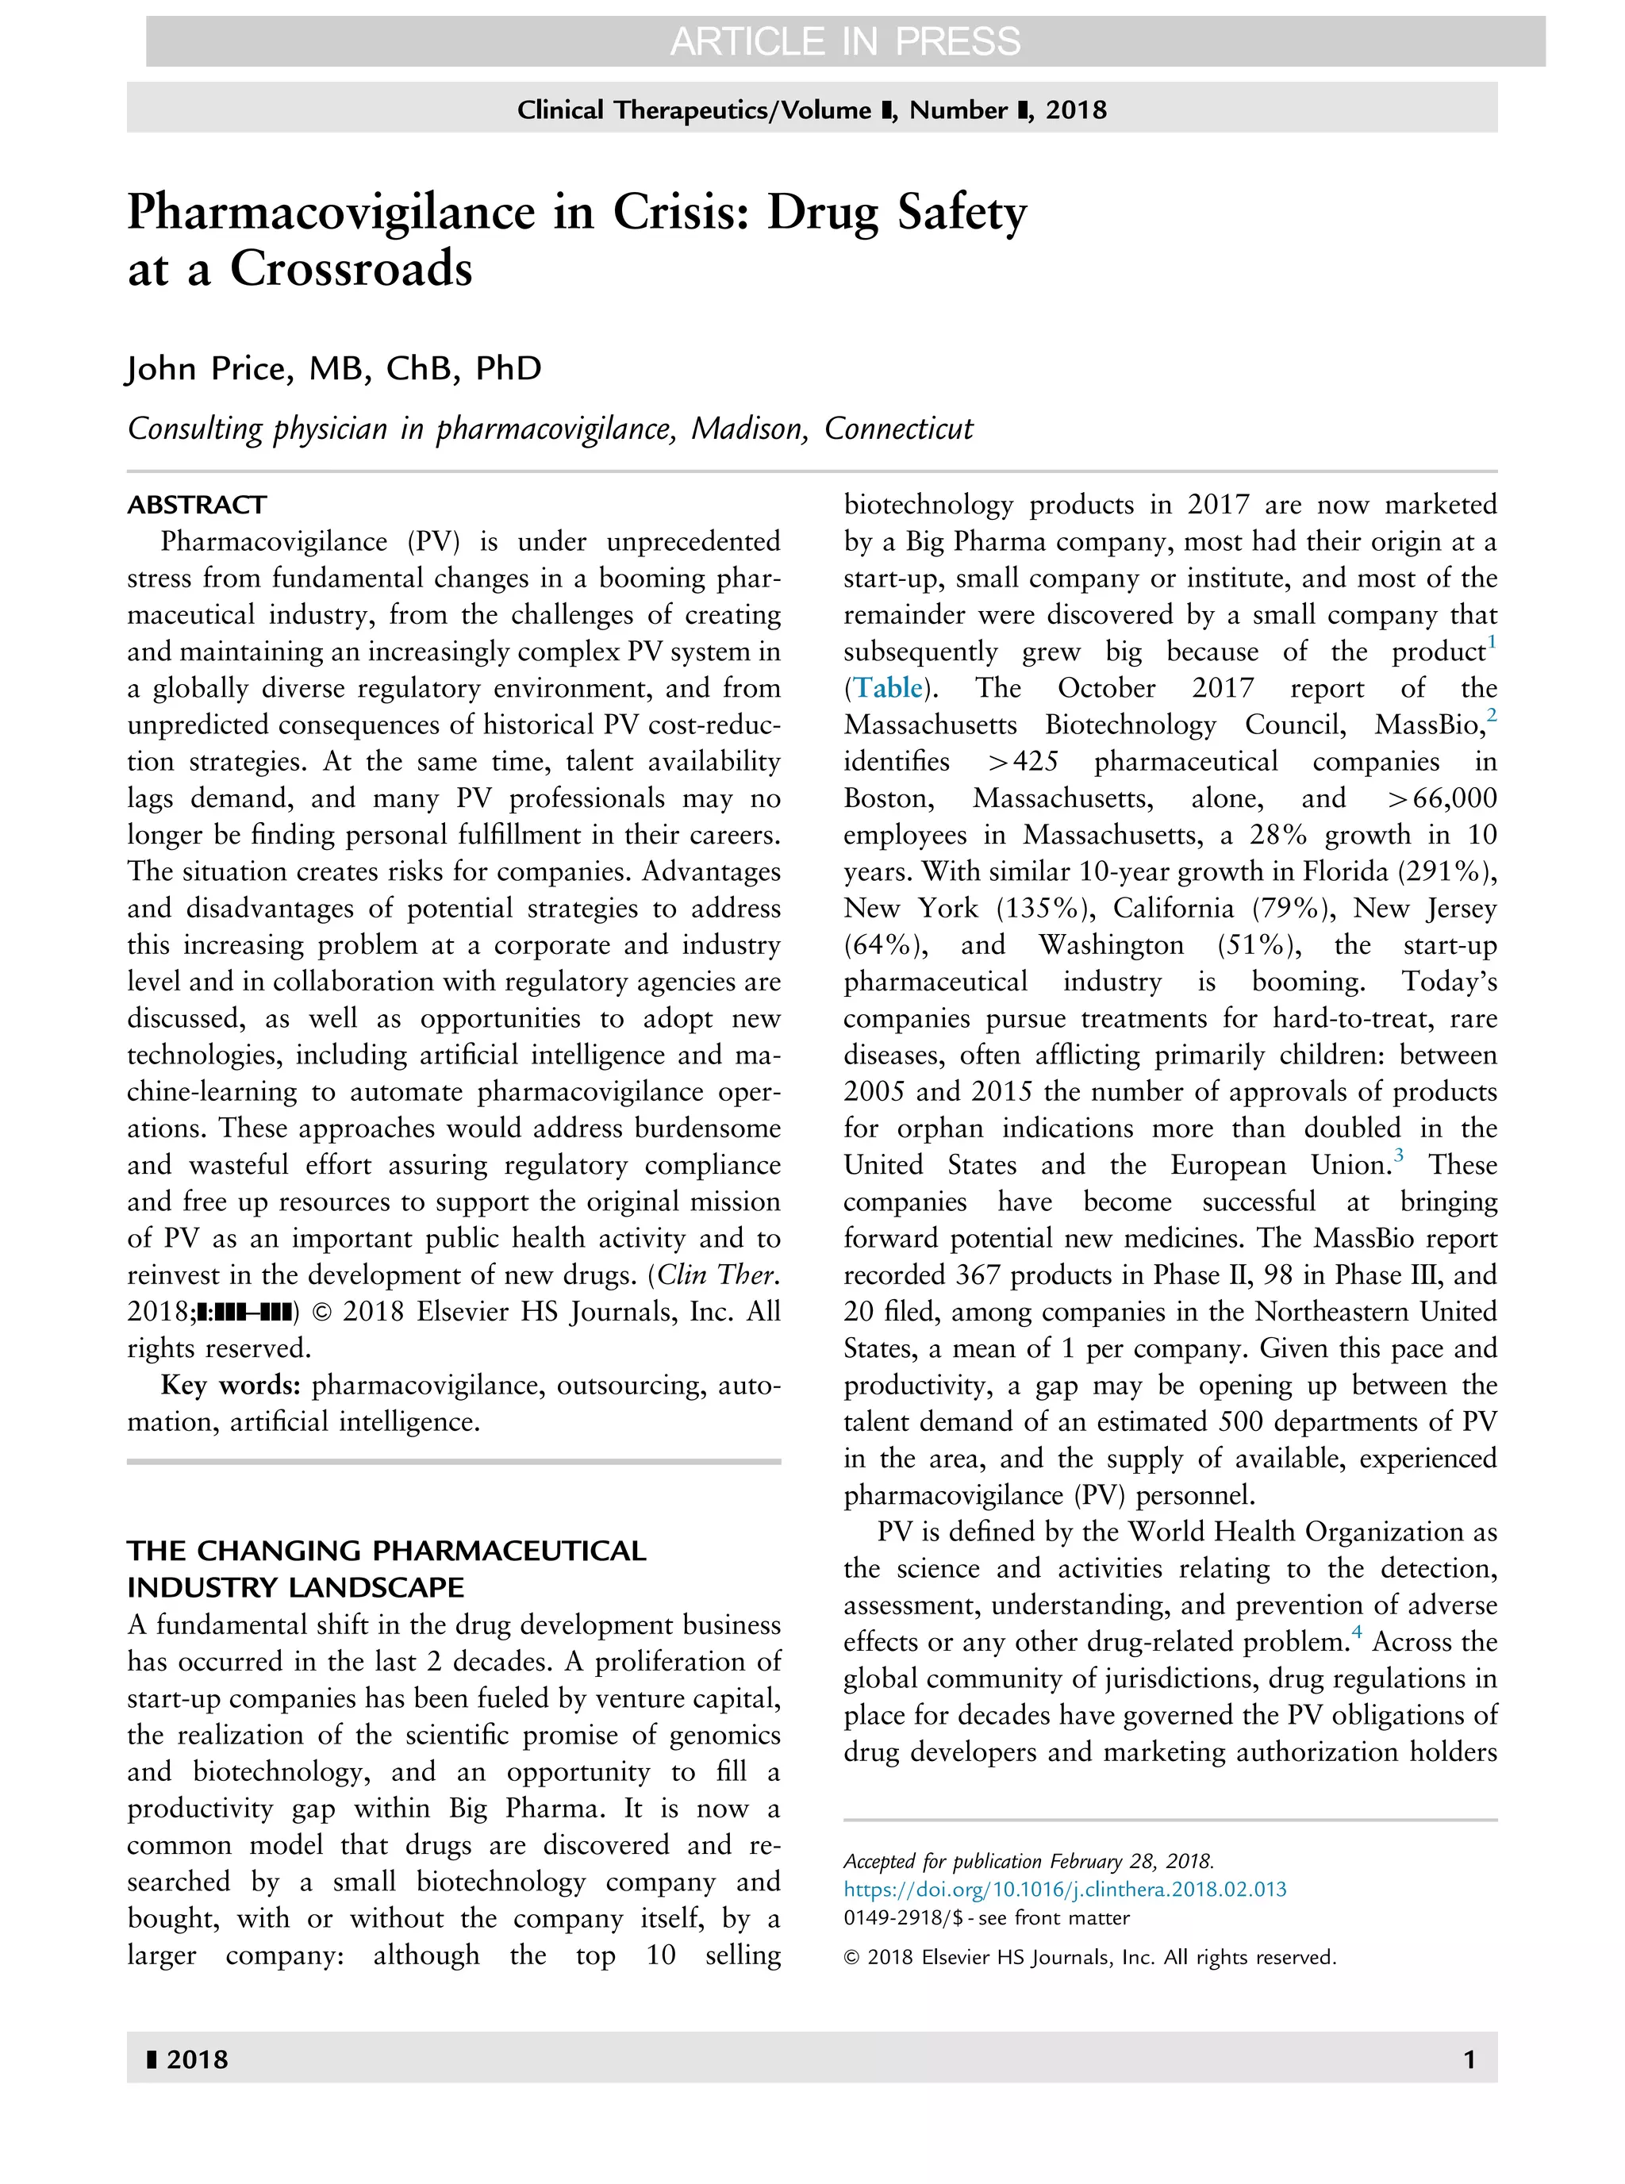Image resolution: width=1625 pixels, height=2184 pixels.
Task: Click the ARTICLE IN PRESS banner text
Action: click(845, 41)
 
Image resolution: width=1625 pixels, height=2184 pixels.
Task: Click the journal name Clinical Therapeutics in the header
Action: click(644, 110)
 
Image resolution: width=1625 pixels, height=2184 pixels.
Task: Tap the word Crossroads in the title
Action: click(352, 268)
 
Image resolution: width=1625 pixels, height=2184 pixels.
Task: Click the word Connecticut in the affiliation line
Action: click(898, 429)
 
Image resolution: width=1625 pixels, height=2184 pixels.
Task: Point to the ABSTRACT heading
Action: click(197, 505)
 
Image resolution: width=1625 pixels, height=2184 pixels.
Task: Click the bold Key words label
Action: click(230, 1385)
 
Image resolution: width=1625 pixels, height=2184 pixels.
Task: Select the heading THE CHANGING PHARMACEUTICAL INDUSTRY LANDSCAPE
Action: click(386, 1569)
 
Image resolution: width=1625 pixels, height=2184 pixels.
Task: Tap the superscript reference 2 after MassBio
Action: click(1491, 715)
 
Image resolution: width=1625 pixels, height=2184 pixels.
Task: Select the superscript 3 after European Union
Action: click(1399, 1155)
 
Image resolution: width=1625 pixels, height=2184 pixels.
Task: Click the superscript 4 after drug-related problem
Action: click(1358, 1632)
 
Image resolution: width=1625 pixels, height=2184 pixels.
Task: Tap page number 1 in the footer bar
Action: click(1469, 2059)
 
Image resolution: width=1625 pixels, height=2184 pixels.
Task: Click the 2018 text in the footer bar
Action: click(197, 2059)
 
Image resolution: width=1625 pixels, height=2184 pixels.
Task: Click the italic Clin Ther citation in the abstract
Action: click(718, 1275)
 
